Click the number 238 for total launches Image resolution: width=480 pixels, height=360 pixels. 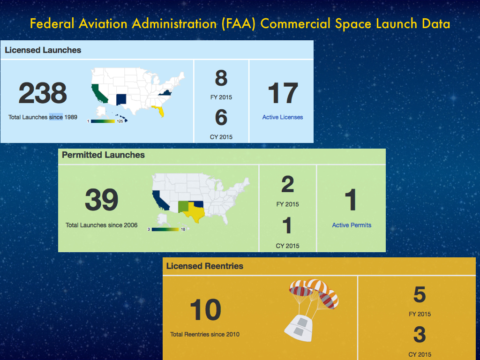click(x=43, y=93)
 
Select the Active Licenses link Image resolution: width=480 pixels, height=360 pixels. click(x=283, y=117)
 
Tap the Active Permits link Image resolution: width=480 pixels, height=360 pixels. click(x=352, y=225)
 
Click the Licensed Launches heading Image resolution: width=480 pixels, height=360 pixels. click(x=43, y=50)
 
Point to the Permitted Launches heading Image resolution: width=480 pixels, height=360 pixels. click(x=103, y=155)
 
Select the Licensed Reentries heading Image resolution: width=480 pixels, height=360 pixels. click(x=205, y=266)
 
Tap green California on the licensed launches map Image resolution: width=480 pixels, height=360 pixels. click(x=98, y=93)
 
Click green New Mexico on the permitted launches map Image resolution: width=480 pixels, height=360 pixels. click(x=183, y=207)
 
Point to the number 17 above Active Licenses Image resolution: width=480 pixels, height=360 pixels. click(x=283, y=93)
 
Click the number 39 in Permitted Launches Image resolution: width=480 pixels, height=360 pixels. click(x=102, y=200)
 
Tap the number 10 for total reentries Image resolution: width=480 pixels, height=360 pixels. click(x=205, y=310)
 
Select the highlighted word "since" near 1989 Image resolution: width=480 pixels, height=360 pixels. click(x=56, y=117)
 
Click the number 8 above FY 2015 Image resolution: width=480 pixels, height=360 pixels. click(x=221, y=78)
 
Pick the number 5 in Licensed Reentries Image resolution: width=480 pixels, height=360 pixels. click(x=420, y=294)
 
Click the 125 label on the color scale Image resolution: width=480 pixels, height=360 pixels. click(x=120, y=121)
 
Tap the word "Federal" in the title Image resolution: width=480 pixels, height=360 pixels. click(x=52, y=23)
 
